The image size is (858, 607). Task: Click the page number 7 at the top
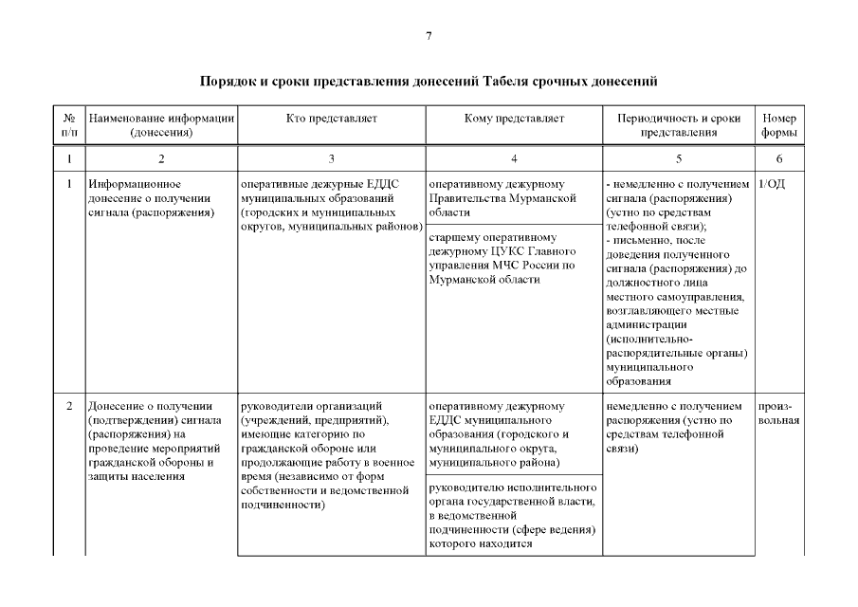tap(429, 36)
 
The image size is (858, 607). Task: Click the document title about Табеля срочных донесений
tap(429, 82)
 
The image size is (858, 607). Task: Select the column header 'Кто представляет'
tap(331, 119)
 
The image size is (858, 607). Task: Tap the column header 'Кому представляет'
tap(514, 119)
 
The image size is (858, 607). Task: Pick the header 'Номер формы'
tap(778, 125)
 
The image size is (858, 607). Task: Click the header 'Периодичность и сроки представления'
tap(678, 125)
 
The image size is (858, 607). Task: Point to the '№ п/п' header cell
tap(69, 125)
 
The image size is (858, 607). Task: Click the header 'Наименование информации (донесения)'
tap(160, 125)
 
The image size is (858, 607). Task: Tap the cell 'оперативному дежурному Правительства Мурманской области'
tap(502, 198)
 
